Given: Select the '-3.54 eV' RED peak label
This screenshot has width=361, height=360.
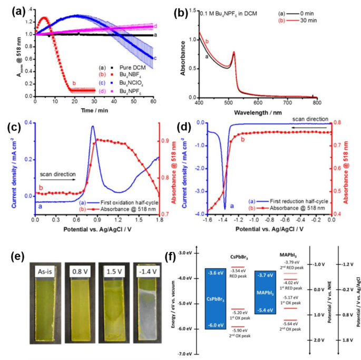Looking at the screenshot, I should tap(238, 285).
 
